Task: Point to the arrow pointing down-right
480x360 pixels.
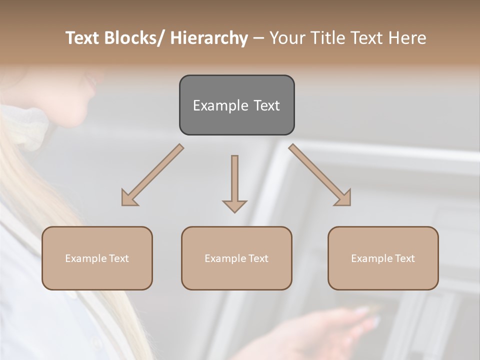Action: coord(319,174)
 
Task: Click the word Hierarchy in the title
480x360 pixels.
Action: coord(209,38)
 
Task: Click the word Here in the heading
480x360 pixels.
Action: coord(407,38)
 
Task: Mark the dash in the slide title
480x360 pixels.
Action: coord(258,38)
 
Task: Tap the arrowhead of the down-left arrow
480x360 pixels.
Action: coord(128,198)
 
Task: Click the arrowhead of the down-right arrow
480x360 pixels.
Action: coord(343,198)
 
